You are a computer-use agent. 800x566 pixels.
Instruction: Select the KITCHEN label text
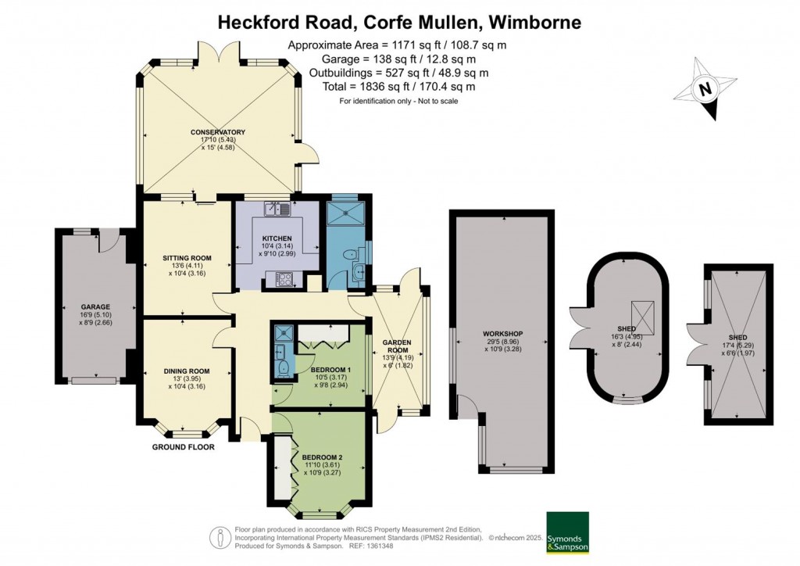tap(277, 238)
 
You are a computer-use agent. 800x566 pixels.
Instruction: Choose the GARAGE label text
tap(95, 306)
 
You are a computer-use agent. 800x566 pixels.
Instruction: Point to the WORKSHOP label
tap(502, 334)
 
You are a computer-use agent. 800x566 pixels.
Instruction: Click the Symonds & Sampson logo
tap(567, 532)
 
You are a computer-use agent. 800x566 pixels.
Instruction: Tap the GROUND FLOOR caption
tap(184, 448)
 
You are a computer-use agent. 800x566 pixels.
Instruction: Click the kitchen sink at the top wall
tap(277, 209)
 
